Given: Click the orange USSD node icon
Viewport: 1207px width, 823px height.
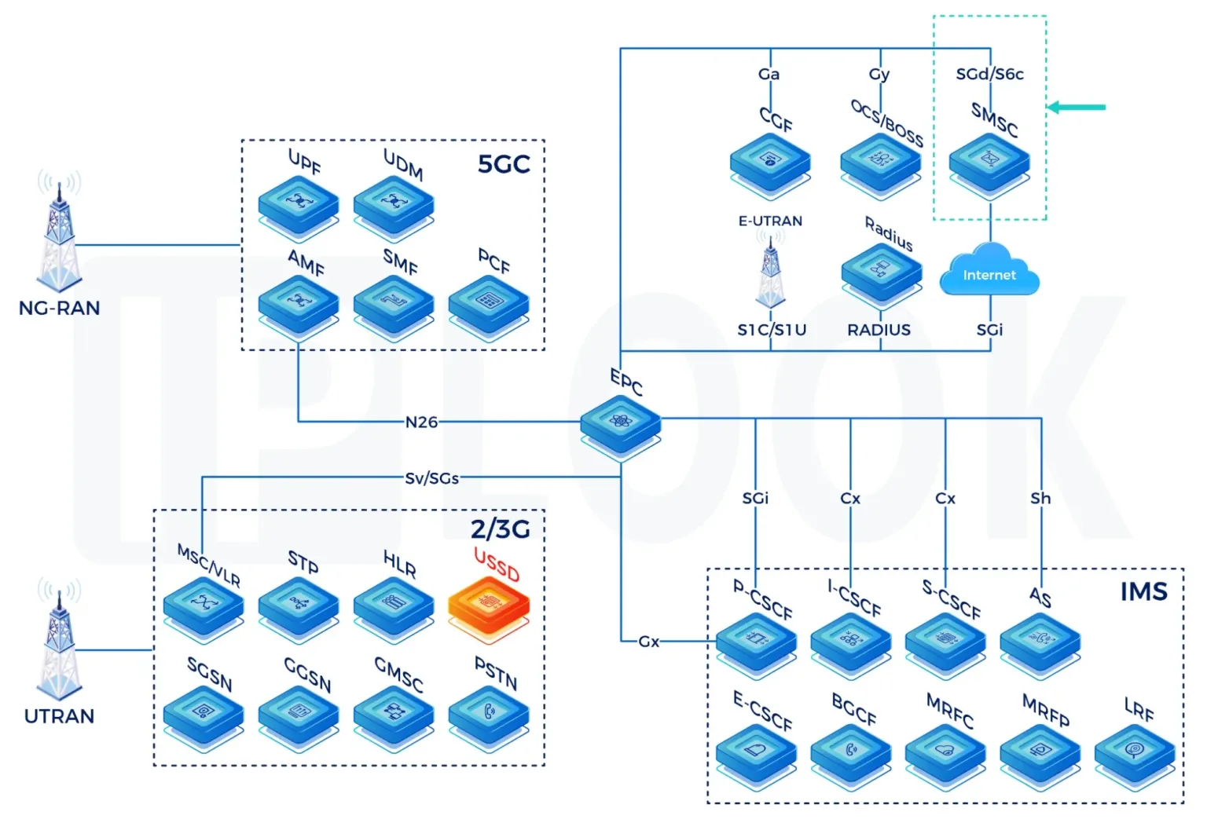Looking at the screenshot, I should point(488,604).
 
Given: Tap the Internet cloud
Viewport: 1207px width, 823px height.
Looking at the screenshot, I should point(989,271).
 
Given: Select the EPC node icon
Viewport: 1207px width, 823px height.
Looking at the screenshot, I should point(621,422).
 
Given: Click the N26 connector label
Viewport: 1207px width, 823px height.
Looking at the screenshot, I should point(421,422).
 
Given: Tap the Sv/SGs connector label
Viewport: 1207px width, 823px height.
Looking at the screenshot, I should point(431,477).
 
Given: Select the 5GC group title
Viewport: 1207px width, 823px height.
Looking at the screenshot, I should point(504,164).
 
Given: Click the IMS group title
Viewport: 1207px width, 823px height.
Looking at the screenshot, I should point(1143,591).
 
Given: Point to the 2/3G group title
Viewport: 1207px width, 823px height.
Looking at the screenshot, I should point(500,529).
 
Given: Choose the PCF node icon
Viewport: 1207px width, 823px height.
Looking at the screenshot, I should point(488,302).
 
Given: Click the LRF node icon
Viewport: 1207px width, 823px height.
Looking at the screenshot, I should point(1134,750).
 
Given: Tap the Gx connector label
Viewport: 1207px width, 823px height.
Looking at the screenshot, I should point(648,642).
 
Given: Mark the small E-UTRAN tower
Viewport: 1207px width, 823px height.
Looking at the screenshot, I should point(770,271).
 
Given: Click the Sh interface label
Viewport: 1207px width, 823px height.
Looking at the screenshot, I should point(1040,498).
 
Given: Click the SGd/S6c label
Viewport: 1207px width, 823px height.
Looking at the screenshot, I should point(989,74).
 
